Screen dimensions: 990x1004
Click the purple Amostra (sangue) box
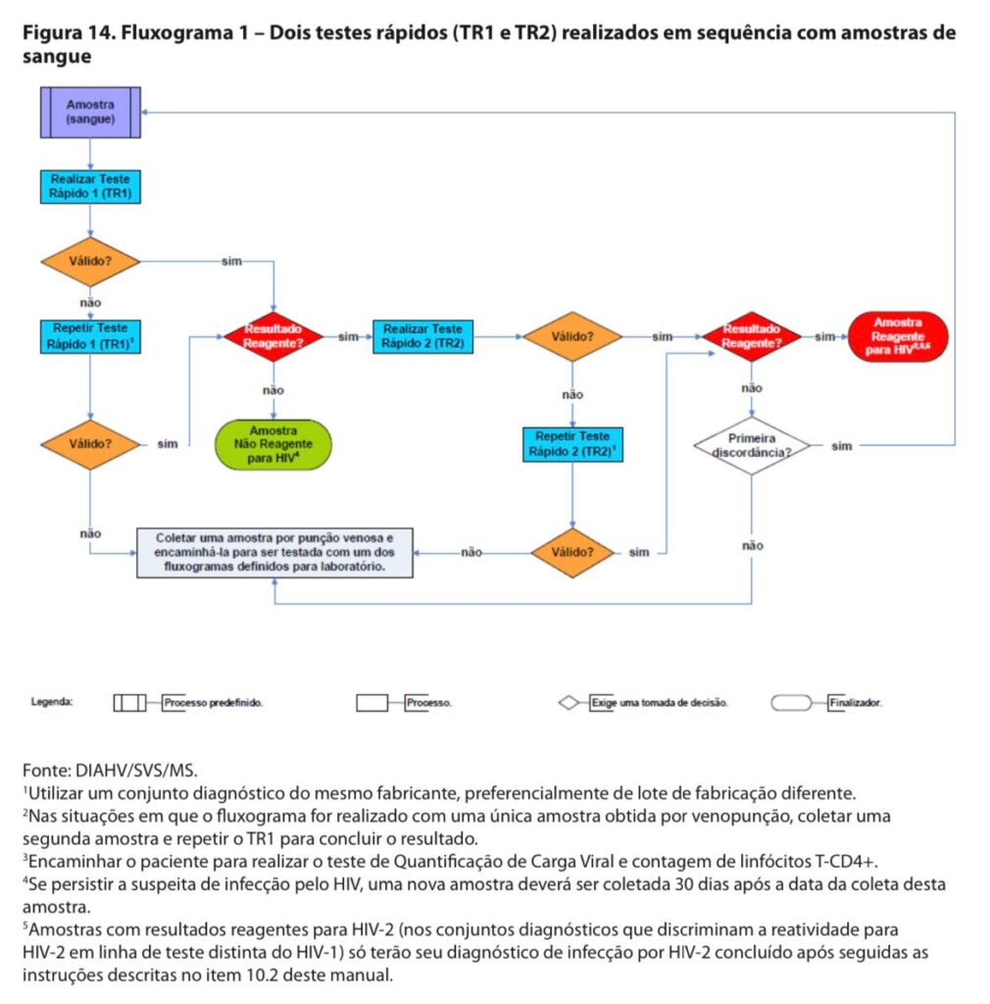click(90, 113)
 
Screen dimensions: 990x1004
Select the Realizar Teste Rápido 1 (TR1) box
click(90, 186)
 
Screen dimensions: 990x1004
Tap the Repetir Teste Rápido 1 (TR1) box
click(90, 337)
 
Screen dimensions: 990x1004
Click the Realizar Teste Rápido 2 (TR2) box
click(423, 337)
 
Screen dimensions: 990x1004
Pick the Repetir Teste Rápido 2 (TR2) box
click(572, 444)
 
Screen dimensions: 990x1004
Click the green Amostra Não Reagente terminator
click(273, 444)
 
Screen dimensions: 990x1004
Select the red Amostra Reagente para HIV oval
click(898, 337)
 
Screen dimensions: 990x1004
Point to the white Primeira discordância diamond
click(751, 446)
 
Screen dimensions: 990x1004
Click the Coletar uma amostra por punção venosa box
click(274, 553)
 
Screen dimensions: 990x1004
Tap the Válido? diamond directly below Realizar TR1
click(90, 261)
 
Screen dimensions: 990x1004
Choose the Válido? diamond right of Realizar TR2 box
click(572, 337)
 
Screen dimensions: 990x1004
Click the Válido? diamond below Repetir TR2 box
click(572, 553)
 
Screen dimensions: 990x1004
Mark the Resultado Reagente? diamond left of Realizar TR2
click(273, 337)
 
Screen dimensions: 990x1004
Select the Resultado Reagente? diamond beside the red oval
click(751, 337)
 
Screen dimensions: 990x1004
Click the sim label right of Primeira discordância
click(842, 446)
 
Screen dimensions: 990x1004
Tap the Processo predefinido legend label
click(213, 702)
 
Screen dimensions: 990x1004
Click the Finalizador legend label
click(856, 702)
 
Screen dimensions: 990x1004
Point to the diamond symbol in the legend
click(569, 703)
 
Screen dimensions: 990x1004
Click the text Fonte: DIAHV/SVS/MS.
click(110, 770)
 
